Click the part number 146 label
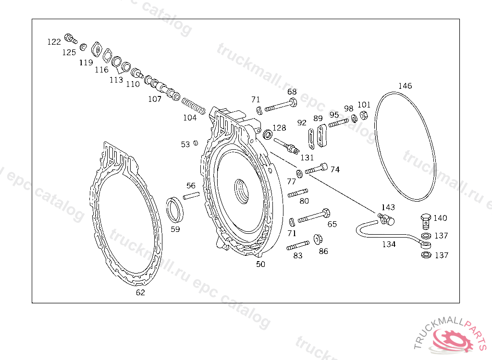tap(405, 86)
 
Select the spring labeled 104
tap(194, 106)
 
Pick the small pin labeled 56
tap(191, 195)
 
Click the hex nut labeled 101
tap(364, 115)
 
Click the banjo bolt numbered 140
tap(426, 221)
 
